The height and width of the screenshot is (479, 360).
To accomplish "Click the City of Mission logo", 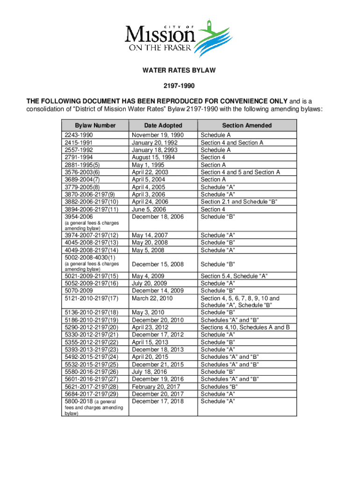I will [179, 38].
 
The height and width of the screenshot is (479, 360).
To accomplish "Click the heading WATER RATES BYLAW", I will [179, 71].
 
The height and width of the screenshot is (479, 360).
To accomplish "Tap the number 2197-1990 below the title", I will [179, 86].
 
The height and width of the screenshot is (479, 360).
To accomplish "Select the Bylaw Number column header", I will [95, 125].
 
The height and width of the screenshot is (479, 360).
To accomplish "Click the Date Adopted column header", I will [163, 125].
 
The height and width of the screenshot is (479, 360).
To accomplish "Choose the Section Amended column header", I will [247, 125].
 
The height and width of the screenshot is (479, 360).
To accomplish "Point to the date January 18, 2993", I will [155, 150].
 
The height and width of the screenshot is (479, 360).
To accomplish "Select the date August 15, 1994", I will [154, 158].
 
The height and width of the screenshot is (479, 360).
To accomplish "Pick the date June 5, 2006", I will [149, 209].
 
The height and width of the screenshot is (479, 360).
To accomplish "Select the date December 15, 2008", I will [158, 264].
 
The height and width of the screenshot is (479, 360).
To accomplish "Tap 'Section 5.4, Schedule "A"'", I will [234, 276].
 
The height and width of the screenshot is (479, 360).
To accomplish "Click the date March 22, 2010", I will [152, 298].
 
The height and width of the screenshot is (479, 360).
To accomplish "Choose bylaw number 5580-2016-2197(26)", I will [90, 371].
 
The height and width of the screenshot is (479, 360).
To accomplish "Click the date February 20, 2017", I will [155, 386].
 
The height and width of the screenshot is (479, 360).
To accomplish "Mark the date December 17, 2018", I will [158, 401].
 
